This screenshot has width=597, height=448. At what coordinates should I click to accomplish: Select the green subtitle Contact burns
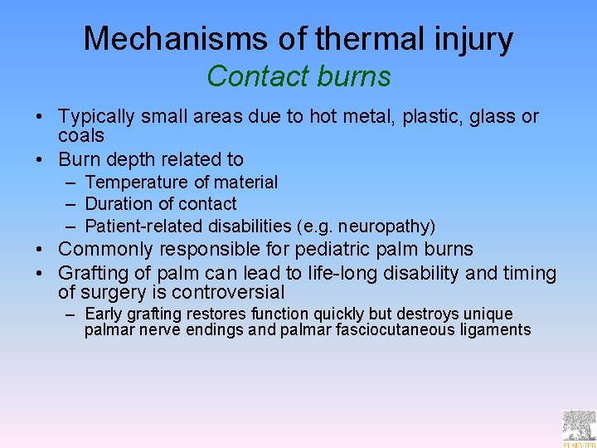pos(298,76)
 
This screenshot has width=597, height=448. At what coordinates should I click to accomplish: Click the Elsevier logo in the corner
pos(579,429)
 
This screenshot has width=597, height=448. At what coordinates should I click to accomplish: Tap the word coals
pos(80,135)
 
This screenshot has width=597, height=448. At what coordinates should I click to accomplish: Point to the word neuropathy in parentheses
pos(385,226)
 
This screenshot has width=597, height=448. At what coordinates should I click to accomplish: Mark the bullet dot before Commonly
pos(46,249)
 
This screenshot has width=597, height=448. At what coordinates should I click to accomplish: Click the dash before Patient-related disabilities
pos(70,226)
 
